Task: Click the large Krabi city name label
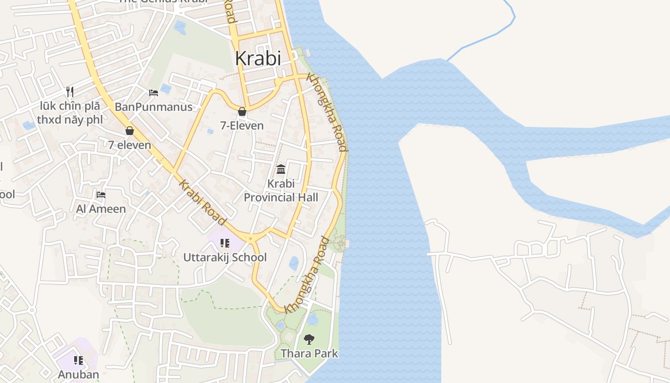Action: (x=258, y=58)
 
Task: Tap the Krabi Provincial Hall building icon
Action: (x=281, y=169)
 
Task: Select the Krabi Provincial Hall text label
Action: (x=281, y=191)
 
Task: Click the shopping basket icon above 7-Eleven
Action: (x=242, y=112)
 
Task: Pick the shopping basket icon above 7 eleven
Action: (x=129, y=131)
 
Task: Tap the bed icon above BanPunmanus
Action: (x=154, y=93)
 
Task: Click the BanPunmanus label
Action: (x=154, y=107)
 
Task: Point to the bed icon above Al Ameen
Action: (x=101, y=195)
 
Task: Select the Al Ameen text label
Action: (x=101, y=209)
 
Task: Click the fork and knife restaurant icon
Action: (x=70, y=91)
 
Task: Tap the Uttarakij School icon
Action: (x=224, y=243)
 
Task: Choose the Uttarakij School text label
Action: (x=225, y=258)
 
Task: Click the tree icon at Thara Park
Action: (x=309, y=339)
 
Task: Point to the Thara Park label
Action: (x=309, y=354)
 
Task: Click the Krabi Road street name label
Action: (x=202, y=202)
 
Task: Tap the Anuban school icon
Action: (x=78, y=360)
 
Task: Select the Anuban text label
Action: (x=78, y=374)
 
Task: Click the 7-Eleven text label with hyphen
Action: (x=242, y=126)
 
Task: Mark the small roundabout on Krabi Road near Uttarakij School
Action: (x=250, y=237)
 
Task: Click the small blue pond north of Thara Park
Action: (x=293, y=263)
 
